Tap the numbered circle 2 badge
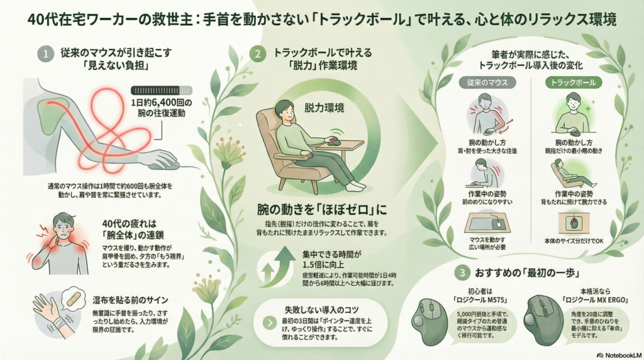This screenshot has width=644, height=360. click(257, 53)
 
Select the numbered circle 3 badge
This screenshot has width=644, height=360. click(462, 273)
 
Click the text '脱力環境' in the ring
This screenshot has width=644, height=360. click(324, 108)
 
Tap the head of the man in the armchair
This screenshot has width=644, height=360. click(285, 108)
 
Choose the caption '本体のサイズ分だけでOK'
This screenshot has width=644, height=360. click(574, 240)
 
